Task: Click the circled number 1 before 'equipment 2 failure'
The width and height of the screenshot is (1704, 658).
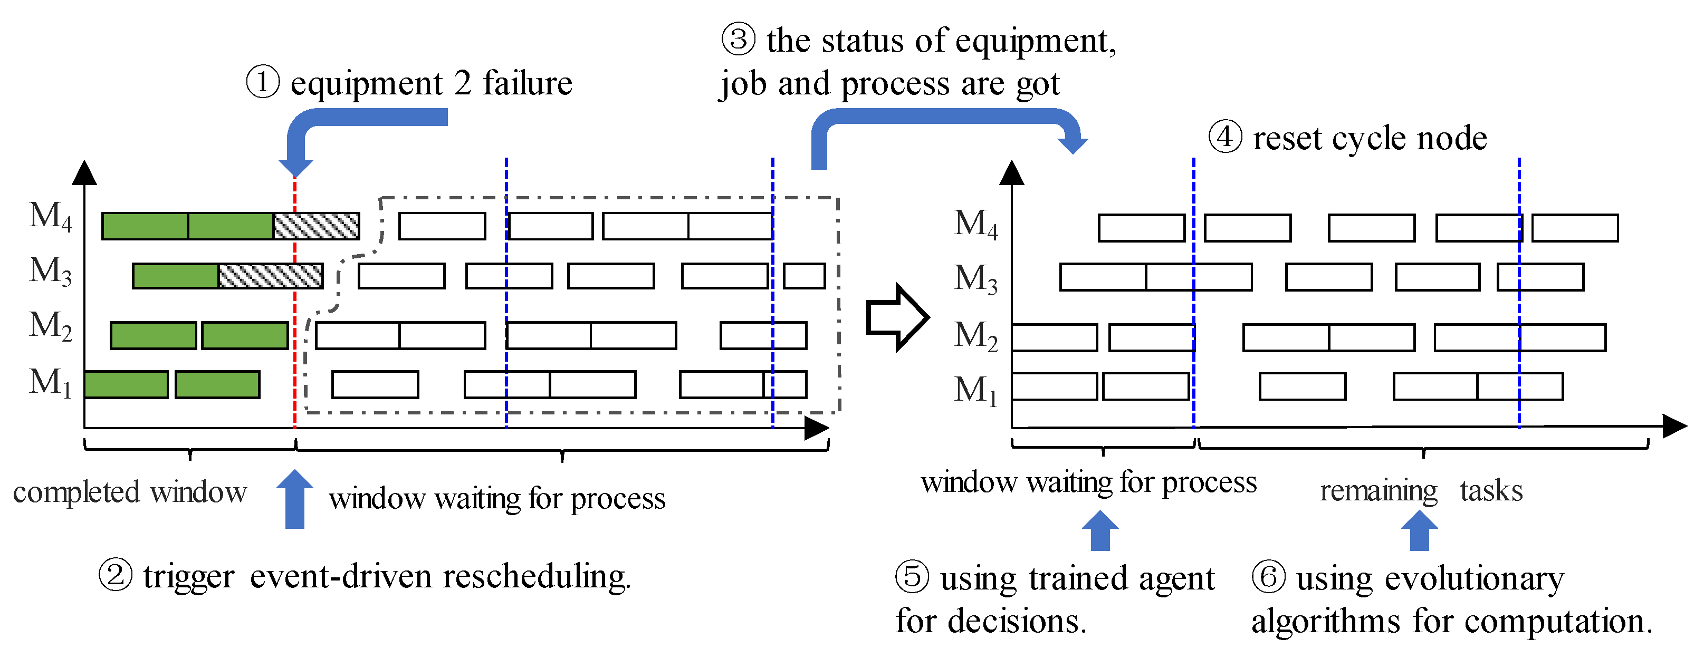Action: point(263,83)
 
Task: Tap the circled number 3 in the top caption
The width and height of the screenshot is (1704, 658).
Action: point(738,39)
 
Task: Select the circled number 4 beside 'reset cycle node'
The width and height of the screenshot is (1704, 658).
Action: point(1225,137)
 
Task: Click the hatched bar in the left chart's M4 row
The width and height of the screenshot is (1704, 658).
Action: point(316,226)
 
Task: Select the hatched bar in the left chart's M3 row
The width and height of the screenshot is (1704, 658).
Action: point(271,276)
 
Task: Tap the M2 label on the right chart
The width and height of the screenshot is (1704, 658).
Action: point(975,335)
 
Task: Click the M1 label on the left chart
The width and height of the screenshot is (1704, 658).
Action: point(50,382)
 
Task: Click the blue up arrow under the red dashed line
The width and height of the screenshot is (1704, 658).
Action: point(294,499)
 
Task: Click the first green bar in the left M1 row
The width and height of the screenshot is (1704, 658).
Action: point(126,384)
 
